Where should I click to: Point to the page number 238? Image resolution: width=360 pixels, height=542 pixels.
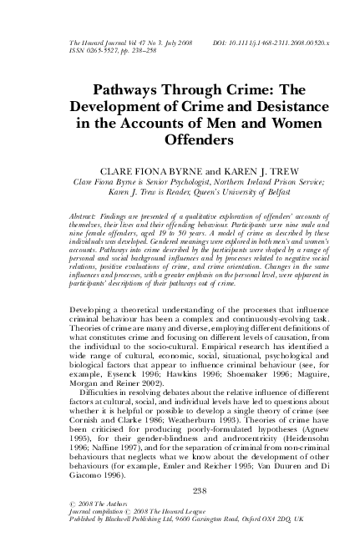pyautogui.click(x=180, y=489)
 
